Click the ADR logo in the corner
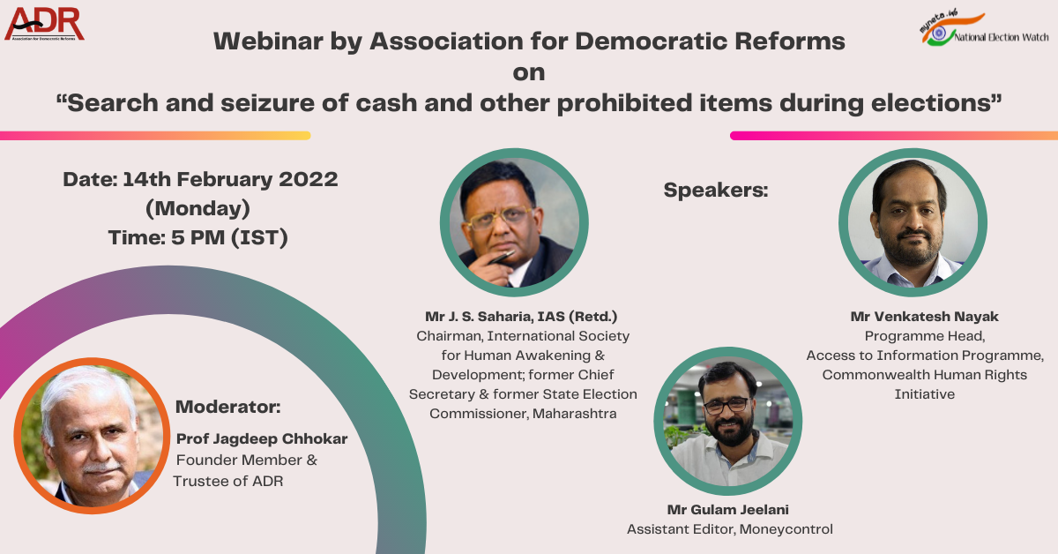point(44,24)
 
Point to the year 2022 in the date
point(309,179)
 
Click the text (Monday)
point(197,208)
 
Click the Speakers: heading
point(716,190)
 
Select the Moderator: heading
point(228,408)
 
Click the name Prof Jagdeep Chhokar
point(262,438)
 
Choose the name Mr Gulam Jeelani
point(727,509)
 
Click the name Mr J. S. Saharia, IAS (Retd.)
point(521,316)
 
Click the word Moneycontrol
point(786,529)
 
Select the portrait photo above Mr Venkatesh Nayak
point(913,222)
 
